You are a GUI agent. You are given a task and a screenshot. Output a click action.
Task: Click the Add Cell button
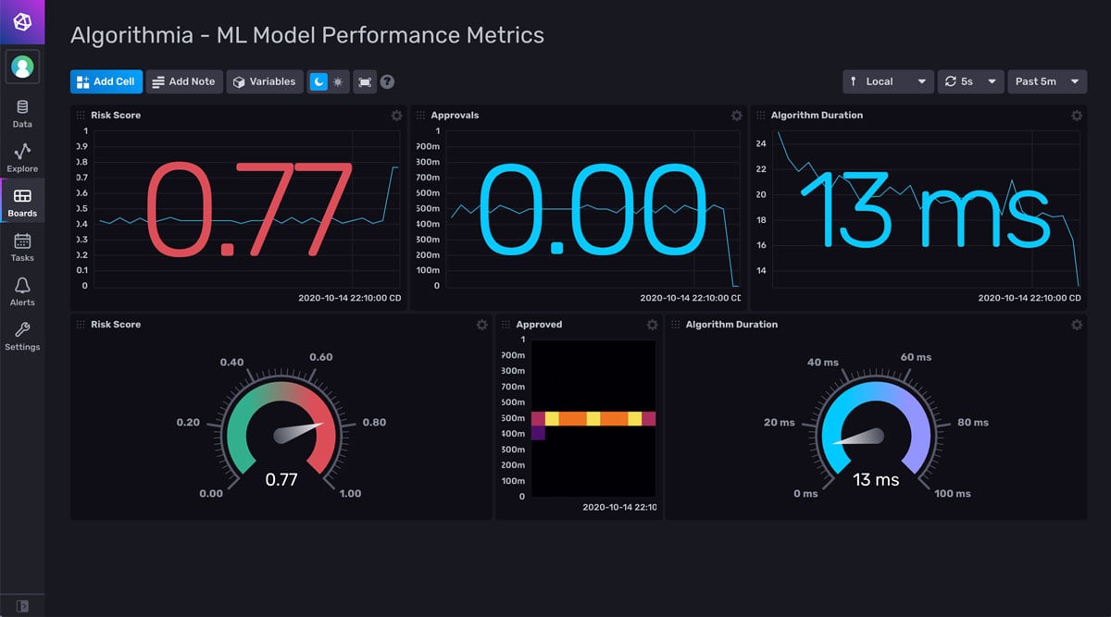[x=106, y=81]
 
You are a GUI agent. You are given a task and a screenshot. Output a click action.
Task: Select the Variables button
[x=264, y=81]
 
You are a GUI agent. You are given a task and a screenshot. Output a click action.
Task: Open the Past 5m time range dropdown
[x=1046, y=81]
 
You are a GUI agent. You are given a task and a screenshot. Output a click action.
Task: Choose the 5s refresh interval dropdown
[x=970, y=81]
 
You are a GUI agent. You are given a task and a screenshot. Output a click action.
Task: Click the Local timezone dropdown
[x=887, y=81]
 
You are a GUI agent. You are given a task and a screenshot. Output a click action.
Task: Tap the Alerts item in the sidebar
[x=22, y=292]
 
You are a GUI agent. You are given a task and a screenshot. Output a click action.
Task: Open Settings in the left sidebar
[x=22, y=337]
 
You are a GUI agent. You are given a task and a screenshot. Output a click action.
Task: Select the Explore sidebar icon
[x=22, y=158]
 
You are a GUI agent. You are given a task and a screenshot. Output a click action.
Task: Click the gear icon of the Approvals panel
[x=736, y=116]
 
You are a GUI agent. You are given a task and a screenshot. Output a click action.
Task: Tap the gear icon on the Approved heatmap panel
[x=652, y=325]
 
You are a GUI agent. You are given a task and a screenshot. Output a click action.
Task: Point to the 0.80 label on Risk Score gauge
[x=374, y=423]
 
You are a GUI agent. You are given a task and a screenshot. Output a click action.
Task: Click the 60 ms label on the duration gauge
[x=916, y=357]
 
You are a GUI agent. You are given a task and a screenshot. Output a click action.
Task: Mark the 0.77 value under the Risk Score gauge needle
[x=281, y=479]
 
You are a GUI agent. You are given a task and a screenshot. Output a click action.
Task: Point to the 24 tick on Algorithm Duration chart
[x=761, y=143]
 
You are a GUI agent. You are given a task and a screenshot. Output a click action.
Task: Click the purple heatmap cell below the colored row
[x=538, y=433]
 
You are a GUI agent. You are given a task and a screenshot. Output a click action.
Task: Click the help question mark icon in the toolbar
[x=387, y=81]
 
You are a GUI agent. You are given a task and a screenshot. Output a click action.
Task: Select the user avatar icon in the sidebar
[x=22, y=67]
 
